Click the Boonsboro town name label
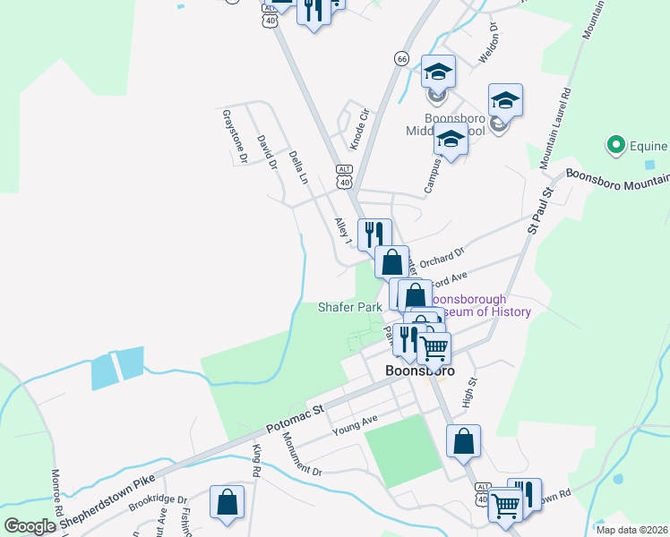[419, 370]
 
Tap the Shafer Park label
[350, 307]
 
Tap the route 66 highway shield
[401, 58]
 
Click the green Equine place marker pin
[615, 144]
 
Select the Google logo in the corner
[30, 526]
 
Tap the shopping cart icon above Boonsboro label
[434, 347]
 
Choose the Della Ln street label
[298, 168]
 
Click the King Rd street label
[256, 460]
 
